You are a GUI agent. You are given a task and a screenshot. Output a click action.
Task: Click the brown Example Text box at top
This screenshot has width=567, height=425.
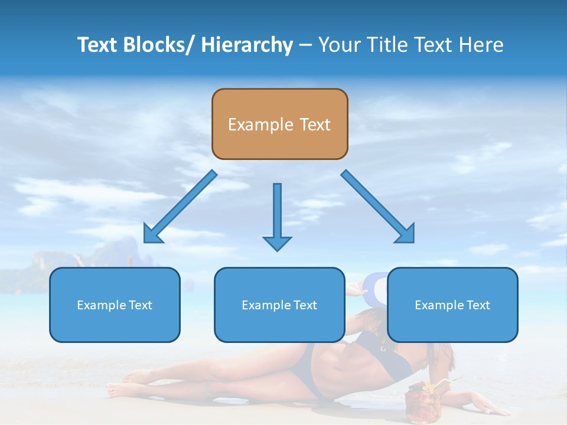click(x=279, y=124)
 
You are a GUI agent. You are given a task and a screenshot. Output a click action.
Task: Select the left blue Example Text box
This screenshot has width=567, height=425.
click(x=115, y=305)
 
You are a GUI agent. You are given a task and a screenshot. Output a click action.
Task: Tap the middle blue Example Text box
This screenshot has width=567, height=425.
click(x=279, y=305)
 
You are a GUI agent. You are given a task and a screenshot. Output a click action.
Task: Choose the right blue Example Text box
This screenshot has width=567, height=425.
click(x=452, y=305)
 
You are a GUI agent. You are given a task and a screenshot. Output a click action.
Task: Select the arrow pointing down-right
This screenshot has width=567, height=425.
click(x=378, y=207)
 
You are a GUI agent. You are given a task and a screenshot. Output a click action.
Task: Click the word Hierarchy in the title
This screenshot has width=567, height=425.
click(x=247, y=45)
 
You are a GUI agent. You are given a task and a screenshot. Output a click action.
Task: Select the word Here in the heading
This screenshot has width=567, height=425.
click(x=481, y=45)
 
